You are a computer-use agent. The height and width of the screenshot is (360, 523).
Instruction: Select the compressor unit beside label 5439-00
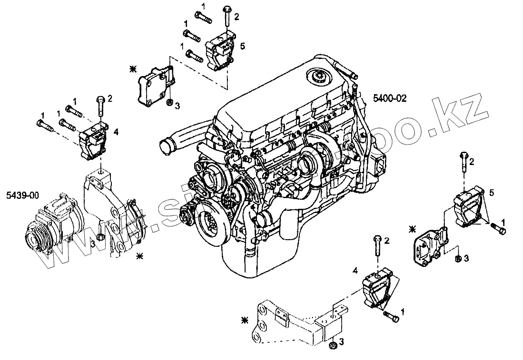53,223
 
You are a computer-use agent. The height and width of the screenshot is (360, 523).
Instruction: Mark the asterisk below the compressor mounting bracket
139,256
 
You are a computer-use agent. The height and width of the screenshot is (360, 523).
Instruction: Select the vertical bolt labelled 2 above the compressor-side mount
101,106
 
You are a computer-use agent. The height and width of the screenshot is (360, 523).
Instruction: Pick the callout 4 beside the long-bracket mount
355,271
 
